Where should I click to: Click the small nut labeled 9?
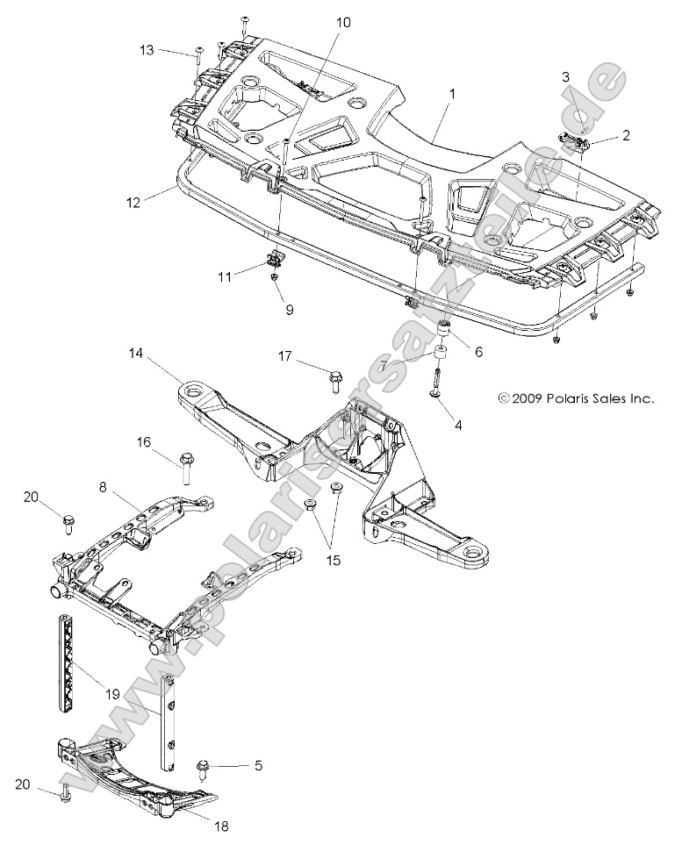pyautogui.click(x=275, y=278)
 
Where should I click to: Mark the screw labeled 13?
pyautogui.click(x=199, y=54)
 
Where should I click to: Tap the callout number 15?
pyautogui.click(x=331, y=558)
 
